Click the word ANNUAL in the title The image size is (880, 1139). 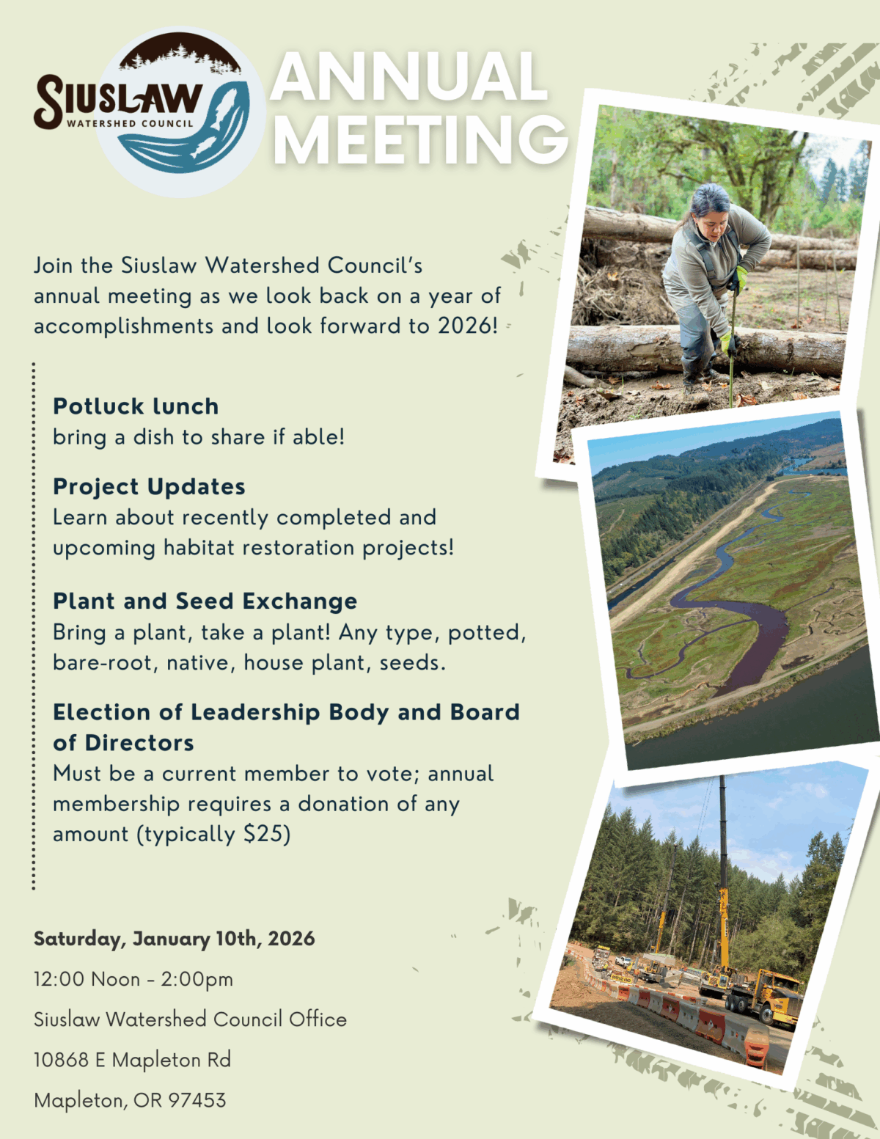(408, 76)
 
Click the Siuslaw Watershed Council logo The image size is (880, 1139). (150, 111)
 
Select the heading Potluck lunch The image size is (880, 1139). (136, 406)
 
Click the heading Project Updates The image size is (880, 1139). (149, 487)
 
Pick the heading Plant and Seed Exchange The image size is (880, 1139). (205, 601)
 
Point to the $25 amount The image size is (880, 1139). (266, 834)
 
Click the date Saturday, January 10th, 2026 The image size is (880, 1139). (174, 939)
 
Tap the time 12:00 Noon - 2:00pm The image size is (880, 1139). (133, 978)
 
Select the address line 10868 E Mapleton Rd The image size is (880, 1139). (132, 1059)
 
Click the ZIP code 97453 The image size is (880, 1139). (197, 1099)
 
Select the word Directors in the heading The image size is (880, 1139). (139, 743)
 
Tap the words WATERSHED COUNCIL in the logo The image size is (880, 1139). (130, 124)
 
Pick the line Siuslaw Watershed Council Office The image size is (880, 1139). (190, 1019)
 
